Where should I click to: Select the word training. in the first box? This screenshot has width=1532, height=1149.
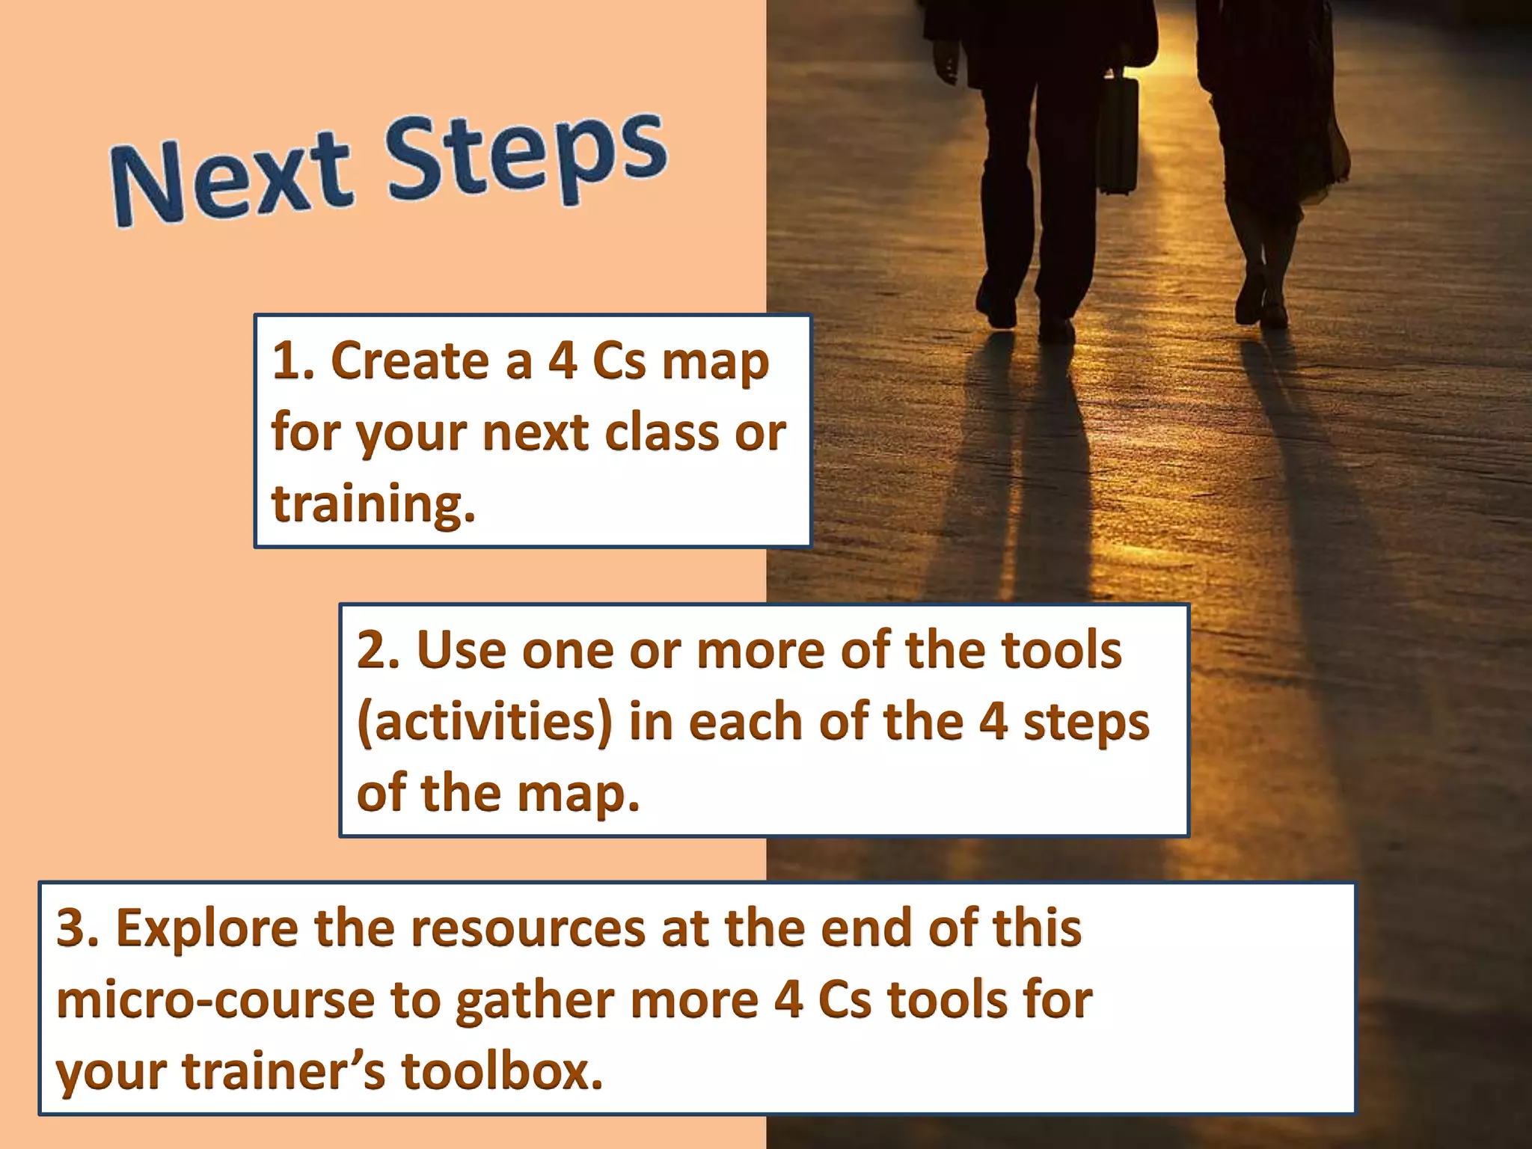373,504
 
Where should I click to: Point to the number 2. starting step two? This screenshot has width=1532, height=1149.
379,649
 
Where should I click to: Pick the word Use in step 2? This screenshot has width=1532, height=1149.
462,649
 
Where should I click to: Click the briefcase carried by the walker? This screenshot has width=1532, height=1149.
1118,135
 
